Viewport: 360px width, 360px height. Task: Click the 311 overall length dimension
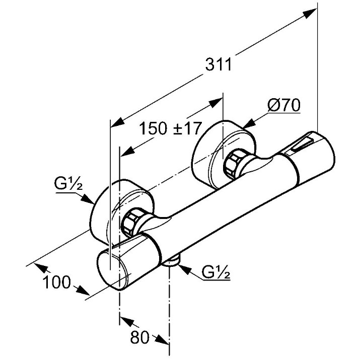click(x=218, y=64)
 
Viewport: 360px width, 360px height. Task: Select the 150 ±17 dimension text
click(x=170, y=128)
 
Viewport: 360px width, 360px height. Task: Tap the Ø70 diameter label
click(x=284, y=105)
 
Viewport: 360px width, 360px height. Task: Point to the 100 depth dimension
click(x=56, y=282)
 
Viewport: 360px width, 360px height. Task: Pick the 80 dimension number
click(x=139, y=337)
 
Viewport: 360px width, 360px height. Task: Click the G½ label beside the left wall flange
click(x=68, y=183)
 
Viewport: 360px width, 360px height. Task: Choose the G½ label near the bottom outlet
click(x=216, y=272)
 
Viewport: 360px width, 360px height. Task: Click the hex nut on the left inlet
click(x=130, y=222)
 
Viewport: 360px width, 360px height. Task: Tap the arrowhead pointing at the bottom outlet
click(x=184, y=269)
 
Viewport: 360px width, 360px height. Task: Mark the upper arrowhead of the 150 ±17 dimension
click(x=216, y=103)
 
